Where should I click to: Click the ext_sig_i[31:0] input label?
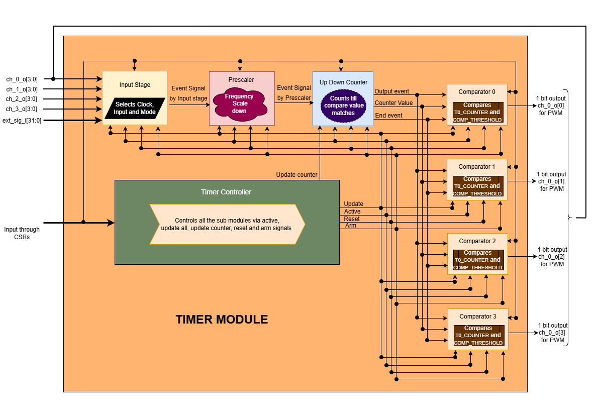[x=22, y=120]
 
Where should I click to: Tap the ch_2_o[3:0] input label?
[x=22, y=99]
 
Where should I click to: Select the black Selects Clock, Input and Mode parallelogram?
[x=135, y=108]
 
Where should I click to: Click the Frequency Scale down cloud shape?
[x=239, y=103]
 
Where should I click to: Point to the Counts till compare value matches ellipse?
[x=343, y=106]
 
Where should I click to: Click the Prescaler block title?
[x=241, y=79]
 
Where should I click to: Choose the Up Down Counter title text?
[x=343, y=82]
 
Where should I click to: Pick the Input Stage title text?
[x=135, y=85]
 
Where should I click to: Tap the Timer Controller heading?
[x=226, y=192]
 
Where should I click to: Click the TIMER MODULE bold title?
[x=222, y=320]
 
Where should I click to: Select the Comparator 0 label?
[x=477, y=92]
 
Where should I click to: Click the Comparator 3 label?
[x=477, y=317]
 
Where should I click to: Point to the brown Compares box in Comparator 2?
[x=477, y=260]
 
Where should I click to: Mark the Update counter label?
[x=296, y=175]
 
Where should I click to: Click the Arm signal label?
[x=351, y=226]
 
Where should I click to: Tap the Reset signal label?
[x=352, y=219]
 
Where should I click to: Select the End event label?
[x=388, y=116]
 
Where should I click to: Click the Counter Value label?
[x=393, y=103]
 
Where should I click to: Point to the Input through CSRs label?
[x=22, y=233]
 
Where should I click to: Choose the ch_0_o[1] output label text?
[x=551, y=181]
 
